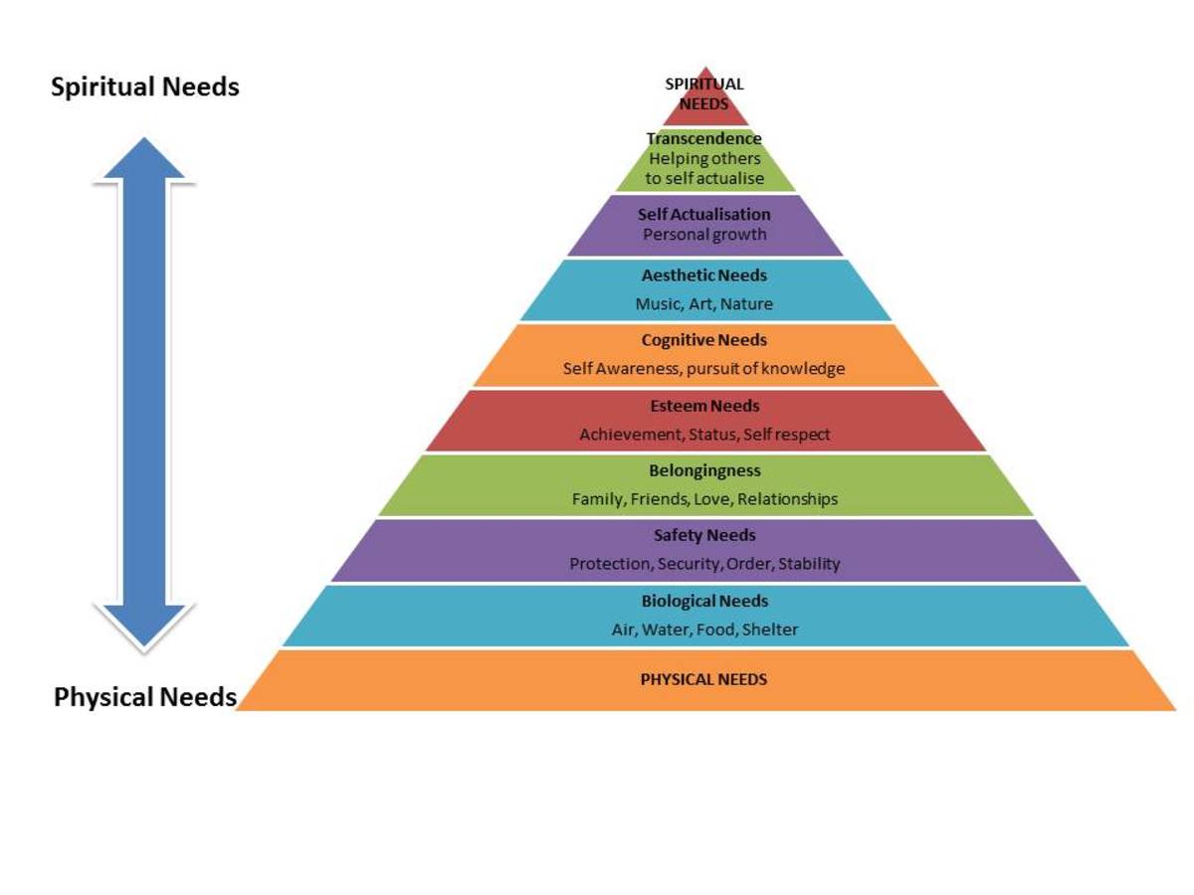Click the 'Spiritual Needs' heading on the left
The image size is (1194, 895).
[x=145, y=88]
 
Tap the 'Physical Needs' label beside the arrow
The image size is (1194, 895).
[x=145, y=696]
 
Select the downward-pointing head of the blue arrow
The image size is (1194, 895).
[x=144, y=626]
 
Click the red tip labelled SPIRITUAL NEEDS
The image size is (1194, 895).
[x=704, y=95]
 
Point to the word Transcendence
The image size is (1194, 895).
[x=704, y=139]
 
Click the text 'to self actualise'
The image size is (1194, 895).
[x=704, y=179]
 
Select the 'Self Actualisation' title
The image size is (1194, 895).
[x=704, y=215]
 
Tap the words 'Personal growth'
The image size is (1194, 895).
[x=704, y=235]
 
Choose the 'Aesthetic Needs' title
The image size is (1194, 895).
[x=704, y=275]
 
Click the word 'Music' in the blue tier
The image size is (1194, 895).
[x=657, y=304]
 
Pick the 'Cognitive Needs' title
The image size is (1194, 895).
[x=704, y=340]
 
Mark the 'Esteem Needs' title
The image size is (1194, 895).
[x=704, y=406]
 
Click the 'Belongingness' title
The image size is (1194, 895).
[x=704, y=470]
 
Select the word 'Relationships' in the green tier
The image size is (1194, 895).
[x=787, y=499]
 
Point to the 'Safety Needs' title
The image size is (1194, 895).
[x=704, y=536]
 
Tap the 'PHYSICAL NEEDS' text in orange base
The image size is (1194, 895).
[x=704, y=679]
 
